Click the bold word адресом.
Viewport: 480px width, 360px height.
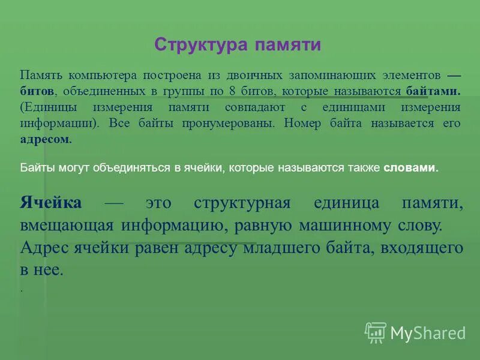46,139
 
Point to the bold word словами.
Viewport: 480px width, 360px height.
411,169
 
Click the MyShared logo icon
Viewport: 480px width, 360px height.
376,332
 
